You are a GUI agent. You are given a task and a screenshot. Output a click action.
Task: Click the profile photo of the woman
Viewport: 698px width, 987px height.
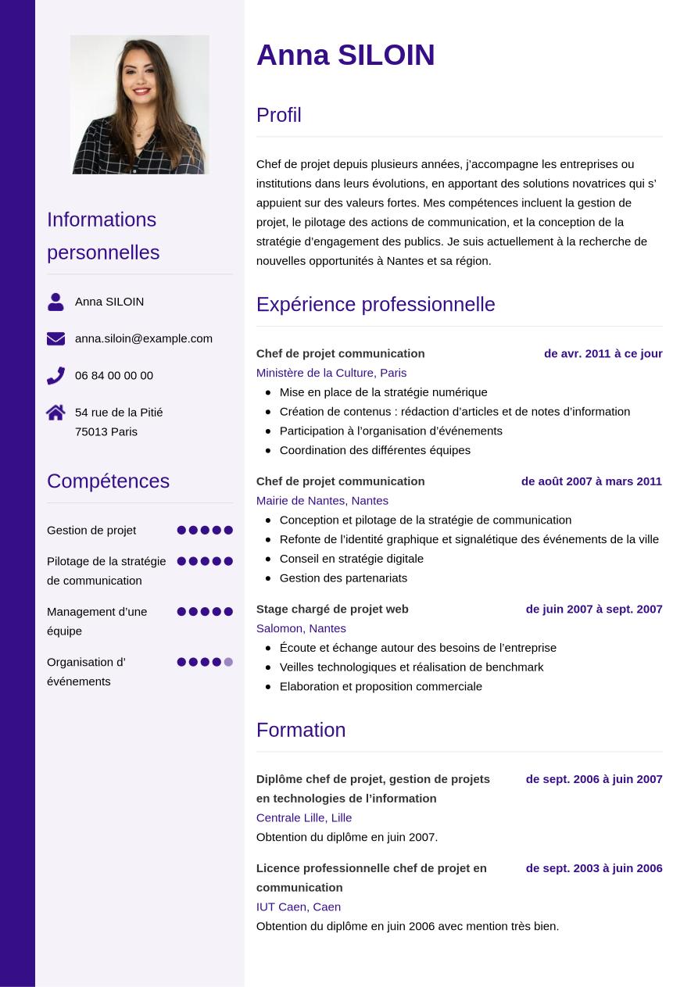(x=140, y=104)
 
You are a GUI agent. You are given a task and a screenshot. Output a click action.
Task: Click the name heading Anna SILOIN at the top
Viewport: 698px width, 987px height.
(x=345, y=55)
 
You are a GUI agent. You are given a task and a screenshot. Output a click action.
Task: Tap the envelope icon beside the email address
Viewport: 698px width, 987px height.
(x=55, y=338)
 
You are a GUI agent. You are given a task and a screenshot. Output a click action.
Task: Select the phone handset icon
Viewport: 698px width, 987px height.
(x=55, y=376)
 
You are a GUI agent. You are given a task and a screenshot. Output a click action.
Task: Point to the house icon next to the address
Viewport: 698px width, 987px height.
(x=55, y=413)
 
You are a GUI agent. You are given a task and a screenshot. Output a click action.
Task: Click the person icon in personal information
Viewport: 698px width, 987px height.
(x=55, y=302)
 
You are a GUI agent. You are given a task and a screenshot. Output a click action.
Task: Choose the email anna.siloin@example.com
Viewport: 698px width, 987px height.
(x=144, y=338)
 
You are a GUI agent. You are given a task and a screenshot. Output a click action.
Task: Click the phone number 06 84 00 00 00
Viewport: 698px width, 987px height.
(x=114, y=376)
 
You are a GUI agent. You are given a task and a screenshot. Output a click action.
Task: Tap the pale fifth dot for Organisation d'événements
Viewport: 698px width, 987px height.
(x=228, y=662)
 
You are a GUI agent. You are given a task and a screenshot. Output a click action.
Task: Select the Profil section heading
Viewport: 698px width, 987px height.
(x=279, y=115)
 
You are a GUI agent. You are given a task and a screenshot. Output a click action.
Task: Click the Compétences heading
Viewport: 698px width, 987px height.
(x=108, y=481)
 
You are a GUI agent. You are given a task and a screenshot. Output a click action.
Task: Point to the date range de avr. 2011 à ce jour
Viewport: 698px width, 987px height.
(x=603, y=353)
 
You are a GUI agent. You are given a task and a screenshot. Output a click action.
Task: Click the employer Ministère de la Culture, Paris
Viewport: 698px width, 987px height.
(x=331, y=373)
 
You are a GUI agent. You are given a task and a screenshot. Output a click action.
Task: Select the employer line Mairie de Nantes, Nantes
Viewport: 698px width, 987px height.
(x=322, y=500)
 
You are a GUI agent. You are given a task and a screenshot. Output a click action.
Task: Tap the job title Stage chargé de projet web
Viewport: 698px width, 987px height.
(x=332, y=609)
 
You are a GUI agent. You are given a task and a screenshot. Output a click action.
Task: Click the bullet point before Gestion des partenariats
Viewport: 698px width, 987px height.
(x=268, y=578)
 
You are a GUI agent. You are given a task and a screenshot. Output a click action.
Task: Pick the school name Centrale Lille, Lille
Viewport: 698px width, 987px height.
(x=304, y=817)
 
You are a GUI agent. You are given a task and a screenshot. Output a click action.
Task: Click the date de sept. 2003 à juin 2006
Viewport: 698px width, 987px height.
(x=594, y=868)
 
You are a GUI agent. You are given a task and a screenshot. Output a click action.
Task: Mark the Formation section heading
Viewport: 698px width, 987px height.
(x=301, y=730)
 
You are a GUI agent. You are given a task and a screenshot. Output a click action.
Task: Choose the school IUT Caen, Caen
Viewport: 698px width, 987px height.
(x=299, y=907)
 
